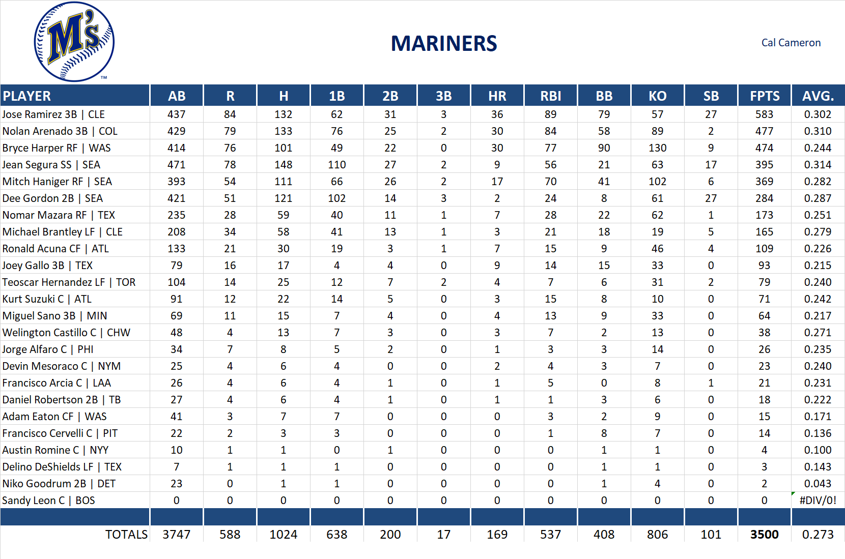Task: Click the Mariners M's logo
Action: [74, 42]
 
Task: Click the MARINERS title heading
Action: [443, 44]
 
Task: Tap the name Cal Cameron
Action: [791, 43]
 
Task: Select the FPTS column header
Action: [764, 96]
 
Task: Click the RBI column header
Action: [550, 96]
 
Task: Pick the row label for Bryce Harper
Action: [57, 148]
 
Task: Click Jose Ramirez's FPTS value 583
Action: [764, 114]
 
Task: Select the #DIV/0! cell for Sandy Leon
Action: [818, 501]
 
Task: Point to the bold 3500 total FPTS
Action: [764, 535]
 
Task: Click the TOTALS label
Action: [126, 535]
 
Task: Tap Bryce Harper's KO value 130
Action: [657, 148]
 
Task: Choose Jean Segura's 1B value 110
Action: [336, 165]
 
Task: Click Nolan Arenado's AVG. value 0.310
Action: [818, 131]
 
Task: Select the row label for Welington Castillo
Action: [66, 333]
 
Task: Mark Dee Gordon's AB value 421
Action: [176, 198]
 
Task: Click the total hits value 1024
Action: [283, 535]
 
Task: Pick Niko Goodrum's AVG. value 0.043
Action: [818, 484]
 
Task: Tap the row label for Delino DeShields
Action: [62, 467]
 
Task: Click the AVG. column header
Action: [818, 96]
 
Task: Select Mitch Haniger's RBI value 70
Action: [550, 182]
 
